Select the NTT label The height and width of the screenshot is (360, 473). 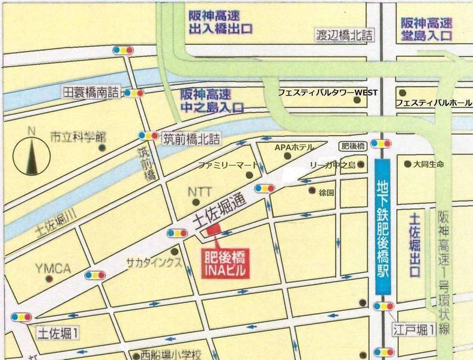[x=200, y=192]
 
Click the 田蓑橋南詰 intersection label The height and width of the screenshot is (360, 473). [x=91, y=92]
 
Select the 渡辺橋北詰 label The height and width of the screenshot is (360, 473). [x=345, y=36]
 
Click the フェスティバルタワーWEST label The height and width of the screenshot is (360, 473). [x=327, y=92]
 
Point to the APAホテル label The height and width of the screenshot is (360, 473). [x=295, y=147]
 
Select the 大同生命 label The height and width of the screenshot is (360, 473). [x=428, y=164]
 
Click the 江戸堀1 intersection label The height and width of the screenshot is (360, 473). [x=414, y=329]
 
